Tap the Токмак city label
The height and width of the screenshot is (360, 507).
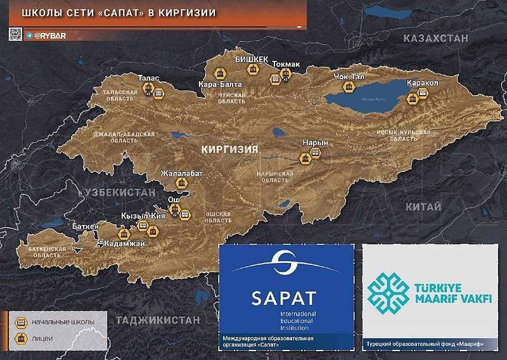(x=286, y=64)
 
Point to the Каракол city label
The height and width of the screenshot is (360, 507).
(x=423, y=83)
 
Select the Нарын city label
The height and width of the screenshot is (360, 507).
(x=315, y=143)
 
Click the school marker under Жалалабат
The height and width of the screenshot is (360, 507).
(x=182, y=184)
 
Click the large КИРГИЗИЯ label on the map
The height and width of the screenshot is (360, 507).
(x=229, y=150)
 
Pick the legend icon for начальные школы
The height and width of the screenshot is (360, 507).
(x=20, y=322)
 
